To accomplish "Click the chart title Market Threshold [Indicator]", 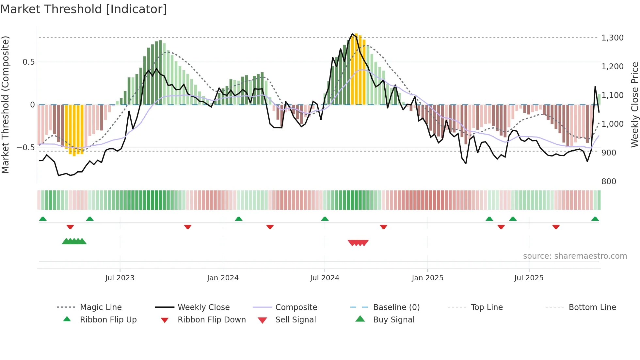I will [x=84, y=9].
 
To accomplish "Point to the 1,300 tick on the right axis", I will [x=612, y=38].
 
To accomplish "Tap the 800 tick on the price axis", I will [x=609, y=182].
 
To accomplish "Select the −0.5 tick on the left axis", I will [x=25, y=148].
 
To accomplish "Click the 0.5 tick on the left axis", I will [x=28, y=62].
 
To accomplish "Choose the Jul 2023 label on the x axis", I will [x=120, y=278].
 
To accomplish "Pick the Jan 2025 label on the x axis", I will [x=427, y=278].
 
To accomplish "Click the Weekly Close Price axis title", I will [x=634, y=105].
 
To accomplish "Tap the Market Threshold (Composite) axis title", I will [x=5, y=105].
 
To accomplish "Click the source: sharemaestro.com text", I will [x=575, y=256].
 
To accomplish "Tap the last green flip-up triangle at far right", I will [x=595, y=219].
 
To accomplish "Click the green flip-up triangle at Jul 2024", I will [x=325, y=219].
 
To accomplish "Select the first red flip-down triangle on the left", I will [x=70, y=227].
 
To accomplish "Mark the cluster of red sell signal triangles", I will [x=358, y=243].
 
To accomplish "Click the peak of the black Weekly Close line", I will [x=352, y=34].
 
